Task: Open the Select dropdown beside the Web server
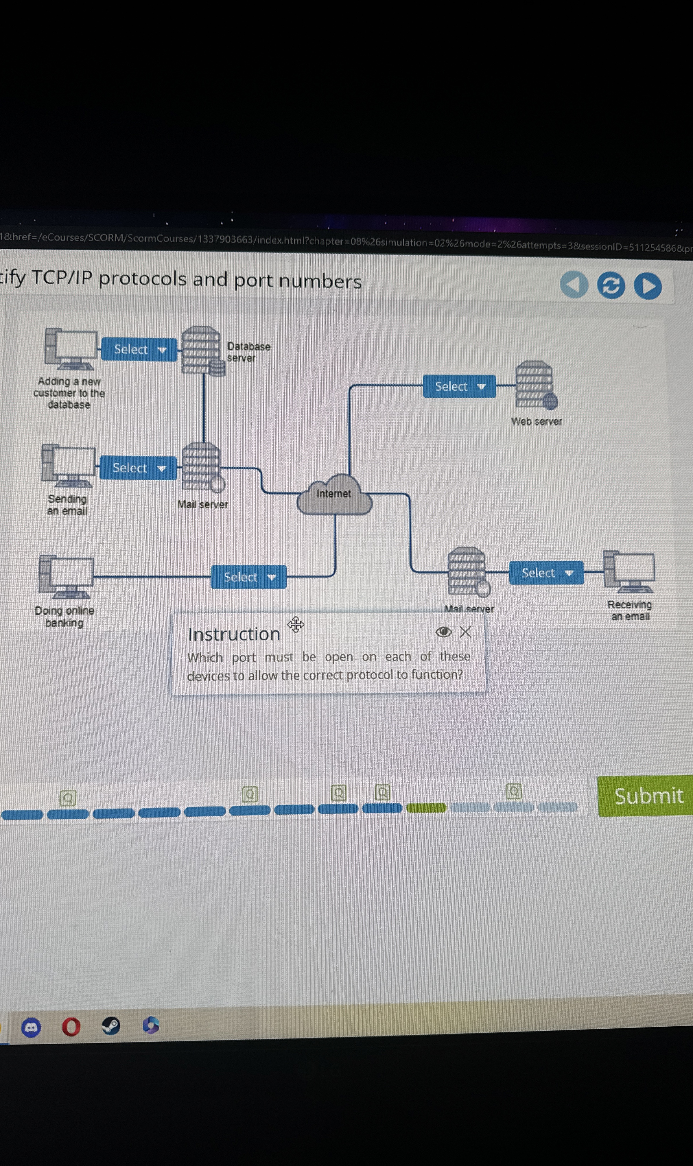[459, 386]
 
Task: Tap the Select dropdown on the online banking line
[248, 577]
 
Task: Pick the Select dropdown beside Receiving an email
[546, 573]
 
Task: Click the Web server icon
[535, 385]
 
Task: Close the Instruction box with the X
[465, 632]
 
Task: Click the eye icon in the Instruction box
[443, 632]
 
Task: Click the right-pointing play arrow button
[648, 286]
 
